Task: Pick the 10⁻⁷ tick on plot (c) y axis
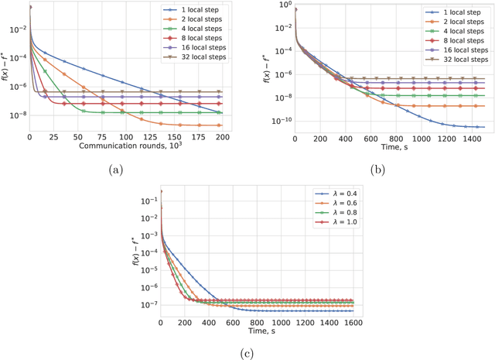click(145, 305)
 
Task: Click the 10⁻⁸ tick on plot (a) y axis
click(15, 115)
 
